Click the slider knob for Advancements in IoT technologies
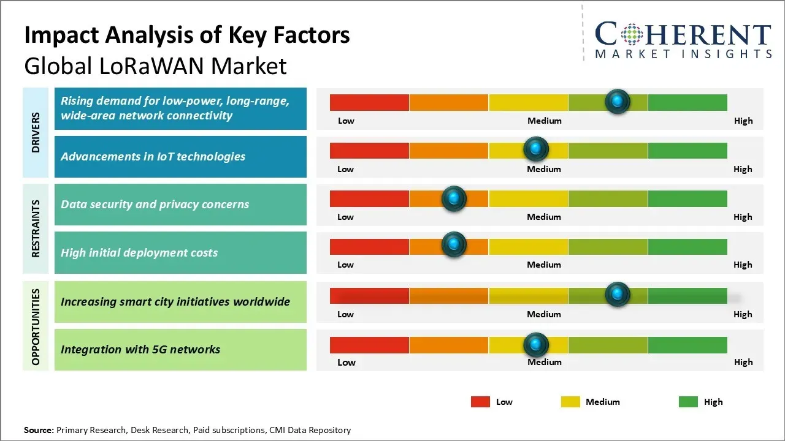pyautogui.click(x=536, y=149)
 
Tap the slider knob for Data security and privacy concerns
pyautogui.click(x=454, y=198)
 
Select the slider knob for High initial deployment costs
pyautogui.click(x=454, y=245)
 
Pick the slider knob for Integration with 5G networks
pyautogui.click(x=536, y=345)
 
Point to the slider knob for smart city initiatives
pyautogui.click(x=618, y=295)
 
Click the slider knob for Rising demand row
pyautogui.click(x=618, y=101)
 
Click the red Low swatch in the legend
pyautogui.click(x=480, y=402)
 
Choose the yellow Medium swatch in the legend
pyautogui.click(x=570, y=402)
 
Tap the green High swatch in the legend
pyautogui.click(x=688, y=402)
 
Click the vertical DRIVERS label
pyautogui.click(x=36, y=133)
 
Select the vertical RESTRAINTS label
pyautogui.click(x=36, y=228)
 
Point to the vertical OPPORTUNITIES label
pyautogui.click(x=36, y=327)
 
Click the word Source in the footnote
pyautogui.click(x=38, y=431)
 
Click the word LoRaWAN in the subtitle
pyautogui.click(x=156, y=66)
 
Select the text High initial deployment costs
pyautogui.click(x=139, y=253)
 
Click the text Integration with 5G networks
pyautogui.click(x=140, y=350)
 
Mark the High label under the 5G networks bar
pyautogui.click(x=743, y=362)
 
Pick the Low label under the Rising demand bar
pyautogui.click(x=346, y=121)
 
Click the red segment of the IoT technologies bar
pyautogui.click(x=369, y=151)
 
